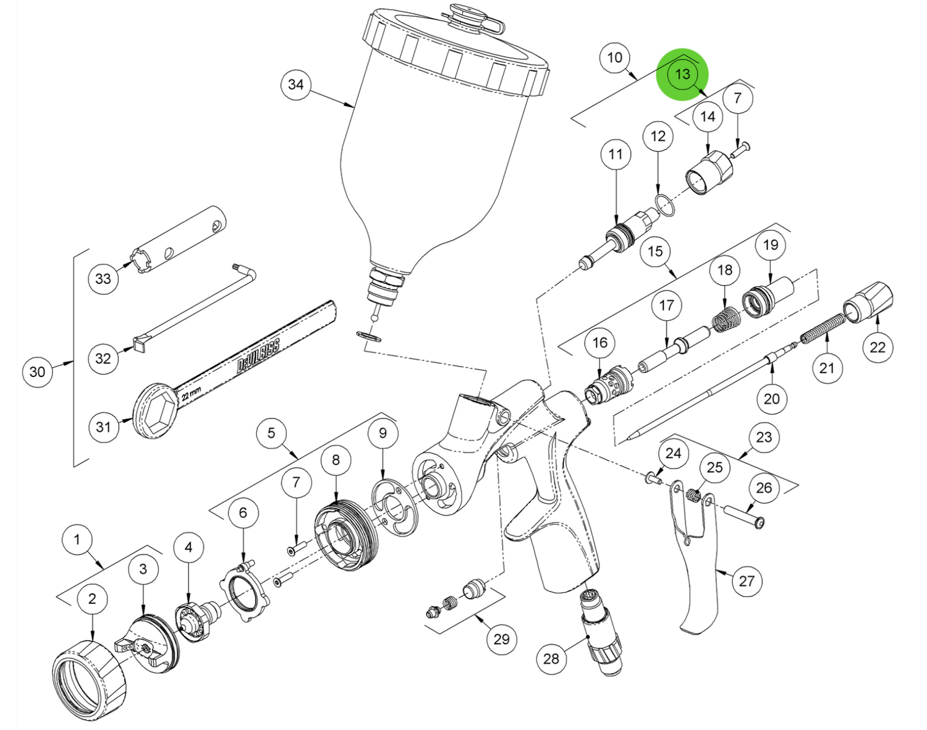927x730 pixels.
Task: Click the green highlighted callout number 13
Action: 682,74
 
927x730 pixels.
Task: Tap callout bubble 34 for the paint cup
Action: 296,84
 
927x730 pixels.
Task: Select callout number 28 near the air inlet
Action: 551,658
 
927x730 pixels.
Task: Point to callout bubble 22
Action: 878,347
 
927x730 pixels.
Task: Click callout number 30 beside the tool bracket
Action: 37,371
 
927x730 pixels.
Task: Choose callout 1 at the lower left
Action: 77,540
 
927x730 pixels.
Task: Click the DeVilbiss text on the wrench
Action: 258,355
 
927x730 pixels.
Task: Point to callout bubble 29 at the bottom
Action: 501,639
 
